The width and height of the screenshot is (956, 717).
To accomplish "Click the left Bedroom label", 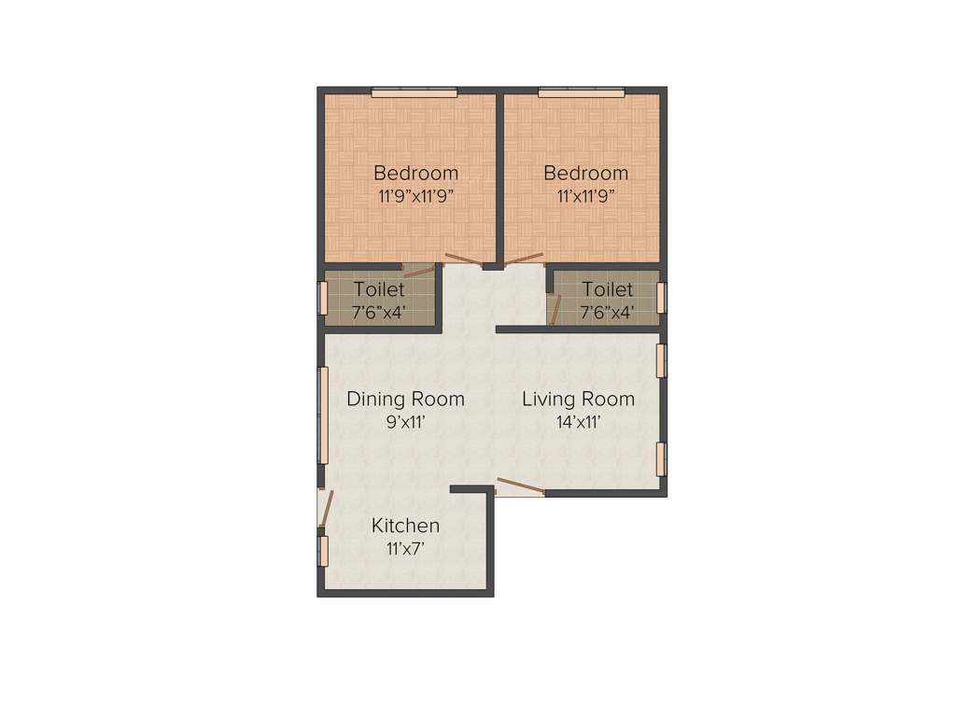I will tap(415, 173).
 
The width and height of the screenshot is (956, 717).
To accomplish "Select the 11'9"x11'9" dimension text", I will tap(415, 197).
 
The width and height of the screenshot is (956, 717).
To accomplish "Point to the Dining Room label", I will tap(405, 399).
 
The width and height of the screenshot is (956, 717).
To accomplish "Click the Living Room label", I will tap(578, 399).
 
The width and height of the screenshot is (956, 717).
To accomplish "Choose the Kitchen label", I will tap(405, 526).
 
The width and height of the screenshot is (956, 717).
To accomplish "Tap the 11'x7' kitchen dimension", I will tap(405, 549).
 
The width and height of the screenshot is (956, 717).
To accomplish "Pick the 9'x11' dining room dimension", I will tap(405, 422).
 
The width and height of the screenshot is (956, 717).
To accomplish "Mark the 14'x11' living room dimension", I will tap(578, 422).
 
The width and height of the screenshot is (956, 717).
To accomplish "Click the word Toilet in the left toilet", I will tap(379, 289).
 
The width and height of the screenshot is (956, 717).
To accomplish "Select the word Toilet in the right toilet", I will tap(607, 289).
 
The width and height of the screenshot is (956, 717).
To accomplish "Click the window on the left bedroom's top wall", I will tap(414, 91).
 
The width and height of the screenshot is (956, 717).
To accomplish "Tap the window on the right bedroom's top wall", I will tap(581, 91).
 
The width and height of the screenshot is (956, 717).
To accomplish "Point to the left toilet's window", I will tap(323, 297).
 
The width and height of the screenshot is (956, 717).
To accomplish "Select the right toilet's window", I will tap(661, 297).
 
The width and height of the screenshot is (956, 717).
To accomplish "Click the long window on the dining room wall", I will tap(324, 415).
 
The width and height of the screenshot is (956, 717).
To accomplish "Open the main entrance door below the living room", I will tap(519, 486).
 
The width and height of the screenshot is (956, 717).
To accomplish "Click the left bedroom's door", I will tap(463, 261).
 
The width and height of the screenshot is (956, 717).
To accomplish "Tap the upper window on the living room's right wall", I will tap(661, 361).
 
